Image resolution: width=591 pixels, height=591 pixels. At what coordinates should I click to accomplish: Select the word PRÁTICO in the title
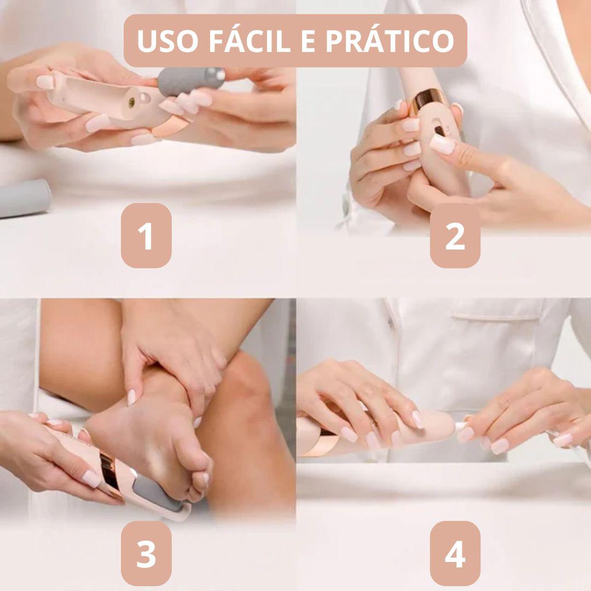pos(390,41)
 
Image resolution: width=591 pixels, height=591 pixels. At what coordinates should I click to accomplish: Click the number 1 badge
pos(146,236)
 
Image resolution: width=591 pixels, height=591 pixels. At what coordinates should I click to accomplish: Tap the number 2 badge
pos(455,236)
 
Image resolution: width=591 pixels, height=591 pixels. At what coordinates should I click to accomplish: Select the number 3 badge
pos(146,553)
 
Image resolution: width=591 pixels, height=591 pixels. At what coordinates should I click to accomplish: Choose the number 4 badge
pos(455,553)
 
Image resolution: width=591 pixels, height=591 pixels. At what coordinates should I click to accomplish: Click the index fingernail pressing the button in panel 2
pos(443,144)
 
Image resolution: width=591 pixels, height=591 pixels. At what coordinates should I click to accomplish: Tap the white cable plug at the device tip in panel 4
pos(460,425)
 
